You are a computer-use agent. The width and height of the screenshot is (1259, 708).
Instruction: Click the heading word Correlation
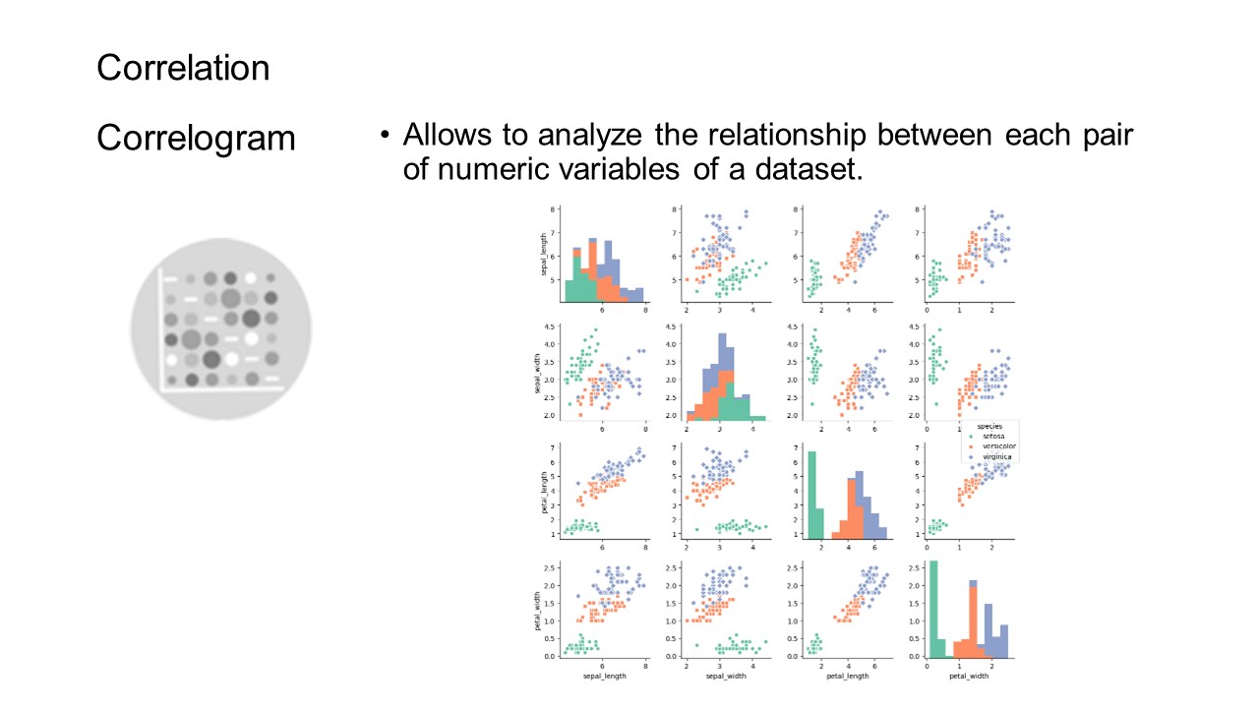coord(183,68)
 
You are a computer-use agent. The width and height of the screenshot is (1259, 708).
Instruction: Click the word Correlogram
coord(196,138)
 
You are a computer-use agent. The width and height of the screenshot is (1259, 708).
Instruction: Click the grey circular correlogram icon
coord(221,328)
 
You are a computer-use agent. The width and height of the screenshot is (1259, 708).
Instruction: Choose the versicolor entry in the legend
coord(997,446)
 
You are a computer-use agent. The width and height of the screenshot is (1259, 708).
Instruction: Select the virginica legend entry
coord(996,457)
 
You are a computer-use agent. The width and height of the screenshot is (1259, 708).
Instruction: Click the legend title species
coord(989,426)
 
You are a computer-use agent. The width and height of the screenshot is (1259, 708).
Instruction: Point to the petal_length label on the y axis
coord(543,492)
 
